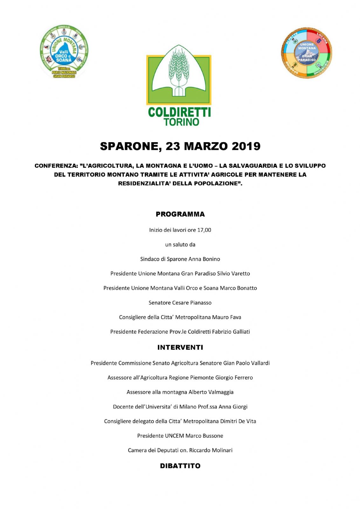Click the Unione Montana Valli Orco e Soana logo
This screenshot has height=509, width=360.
[x=64, y=52]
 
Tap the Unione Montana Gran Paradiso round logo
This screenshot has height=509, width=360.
[x=306, y=52]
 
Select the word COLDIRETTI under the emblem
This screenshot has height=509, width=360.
[x=179, y=112]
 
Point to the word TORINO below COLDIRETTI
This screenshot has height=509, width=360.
[x=181, y=122]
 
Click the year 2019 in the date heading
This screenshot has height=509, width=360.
[x=246, y=146]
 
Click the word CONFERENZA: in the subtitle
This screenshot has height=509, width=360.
[x=56, y=166]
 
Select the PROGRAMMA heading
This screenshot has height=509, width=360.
[x=180, y=214]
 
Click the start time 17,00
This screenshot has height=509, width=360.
[x=204, y=230]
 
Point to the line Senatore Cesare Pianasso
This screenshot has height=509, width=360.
[x=180, y=303]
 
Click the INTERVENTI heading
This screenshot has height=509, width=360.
[x=180, y=347]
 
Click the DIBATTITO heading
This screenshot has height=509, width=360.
[x=180, y=466]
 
